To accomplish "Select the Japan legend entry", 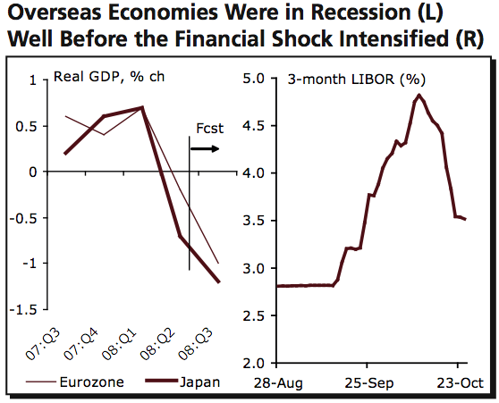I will click(201, 382).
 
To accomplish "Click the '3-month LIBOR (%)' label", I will click(354, 79).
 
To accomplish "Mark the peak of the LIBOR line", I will click(419, 95).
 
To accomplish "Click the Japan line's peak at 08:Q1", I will click(142, 107).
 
